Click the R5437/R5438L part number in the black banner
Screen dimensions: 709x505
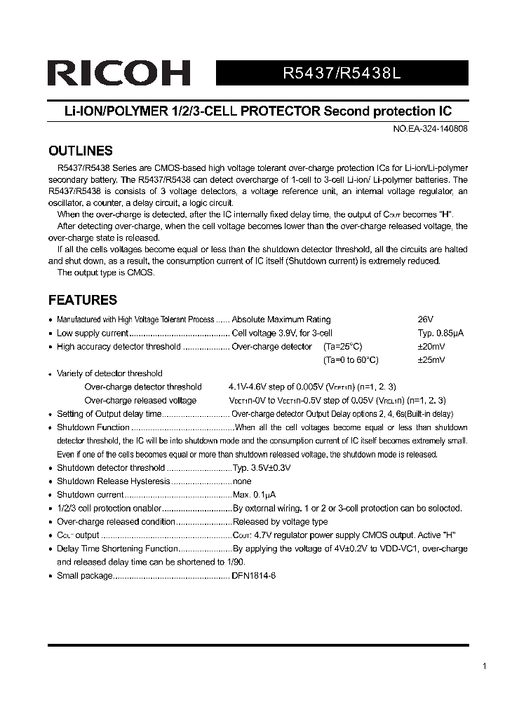point(342,74)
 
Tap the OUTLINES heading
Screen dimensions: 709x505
point(80,151)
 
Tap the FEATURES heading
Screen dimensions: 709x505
point(82,301)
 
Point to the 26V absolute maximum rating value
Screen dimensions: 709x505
point(426,319)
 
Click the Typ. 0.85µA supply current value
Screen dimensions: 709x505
point(440,333)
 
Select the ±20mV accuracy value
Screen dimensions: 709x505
point(431,347)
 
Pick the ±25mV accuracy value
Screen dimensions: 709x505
point(431,360)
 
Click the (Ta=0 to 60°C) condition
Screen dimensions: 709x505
point(351,360)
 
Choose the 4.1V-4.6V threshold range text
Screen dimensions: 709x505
point(254,387)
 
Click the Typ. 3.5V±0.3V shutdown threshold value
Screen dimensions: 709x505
point(262,468)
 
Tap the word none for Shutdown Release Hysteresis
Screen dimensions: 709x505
point(242,481)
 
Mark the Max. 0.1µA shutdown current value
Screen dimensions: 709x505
point(255,495)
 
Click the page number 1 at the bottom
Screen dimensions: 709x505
point(485,666)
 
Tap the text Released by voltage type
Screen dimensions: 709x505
point(280,522)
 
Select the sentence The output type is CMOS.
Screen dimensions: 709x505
point(106,273)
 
